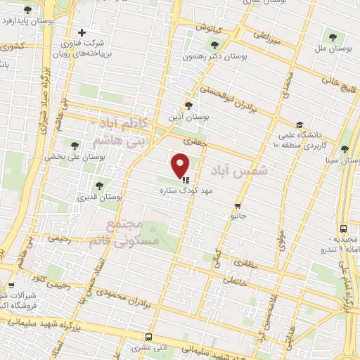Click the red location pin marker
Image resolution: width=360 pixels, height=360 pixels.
[181, 165]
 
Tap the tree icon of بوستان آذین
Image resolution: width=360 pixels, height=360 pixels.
[188, 105]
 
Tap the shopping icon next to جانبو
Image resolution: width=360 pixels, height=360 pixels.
[238, 207]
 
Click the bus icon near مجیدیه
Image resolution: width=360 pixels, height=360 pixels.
[342, 229]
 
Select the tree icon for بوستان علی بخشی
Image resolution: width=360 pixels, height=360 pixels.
[75, 145]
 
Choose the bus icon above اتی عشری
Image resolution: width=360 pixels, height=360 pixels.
[148, 337]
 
